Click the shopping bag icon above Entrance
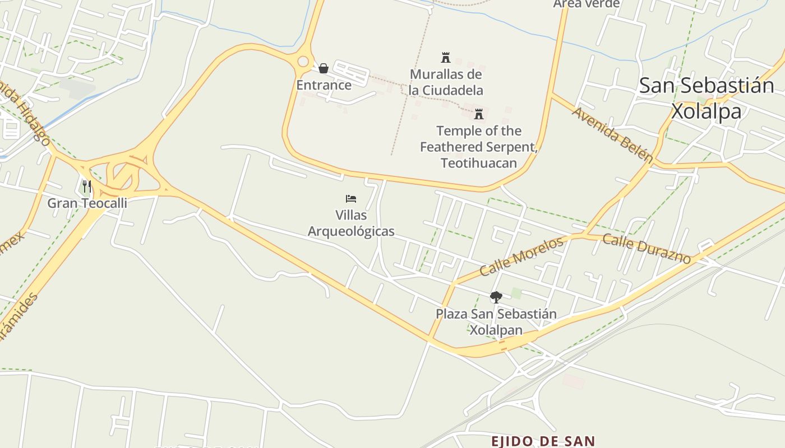(324, 68)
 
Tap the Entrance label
(324, 85)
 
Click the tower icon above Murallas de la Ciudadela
(446, 57)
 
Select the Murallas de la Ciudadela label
(446, 82)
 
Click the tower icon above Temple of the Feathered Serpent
(479, 114)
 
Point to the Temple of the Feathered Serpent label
(479, 147)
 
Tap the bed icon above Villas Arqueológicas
(351, 199)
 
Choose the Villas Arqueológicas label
(351, 223)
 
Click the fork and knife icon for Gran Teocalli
(86, 186)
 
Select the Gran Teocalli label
(87, 203)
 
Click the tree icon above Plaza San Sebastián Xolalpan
(496, 297)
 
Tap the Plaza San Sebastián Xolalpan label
(496, 322)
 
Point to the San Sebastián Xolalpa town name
(706, 98)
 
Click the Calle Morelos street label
(521, 256)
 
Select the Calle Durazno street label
(646, 248)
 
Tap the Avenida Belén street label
(612, 134)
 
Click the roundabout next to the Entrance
(303, 61)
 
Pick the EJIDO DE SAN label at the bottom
(542, 441)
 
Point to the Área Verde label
(586, 4)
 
